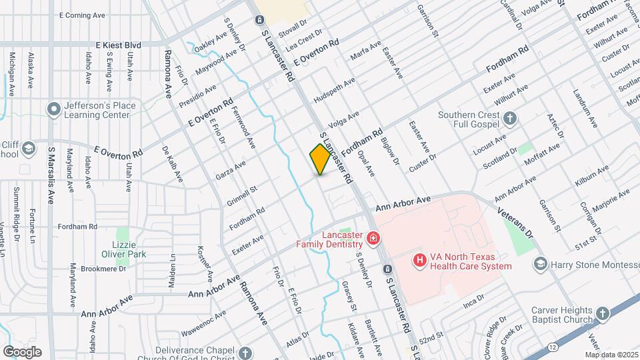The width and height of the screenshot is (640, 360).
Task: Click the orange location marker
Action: coord(320,159)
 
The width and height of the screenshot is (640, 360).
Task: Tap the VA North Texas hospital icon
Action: coord(419,260)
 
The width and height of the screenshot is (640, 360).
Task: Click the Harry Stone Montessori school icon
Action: coord(539,265)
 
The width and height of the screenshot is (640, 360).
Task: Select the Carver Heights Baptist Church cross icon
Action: coord(603,315)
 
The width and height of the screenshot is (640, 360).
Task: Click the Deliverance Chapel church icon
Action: coord(245,353)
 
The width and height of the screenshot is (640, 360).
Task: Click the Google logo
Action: coord(22,352)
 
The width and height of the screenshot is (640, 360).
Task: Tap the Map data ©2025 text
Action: coord(611,355)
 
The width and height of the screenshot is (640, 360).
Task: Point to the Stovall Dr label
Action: coord(293,31)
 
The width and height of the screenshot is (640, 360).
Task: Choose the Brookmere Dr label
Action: coord(103,269)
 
